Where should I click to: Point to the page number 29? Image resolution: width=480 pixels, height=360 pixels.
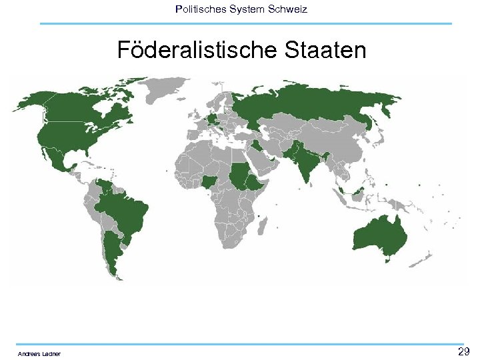tap(464, 351)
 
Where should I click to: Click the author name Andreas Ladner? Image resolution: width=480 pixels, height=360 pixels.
tap(39, 353)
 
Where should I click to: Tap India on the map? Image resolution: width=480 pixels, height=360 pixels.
tap(303, 163)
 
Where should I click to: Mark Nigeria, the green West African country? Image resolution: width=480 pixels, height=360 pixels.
tap(211, 181)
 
